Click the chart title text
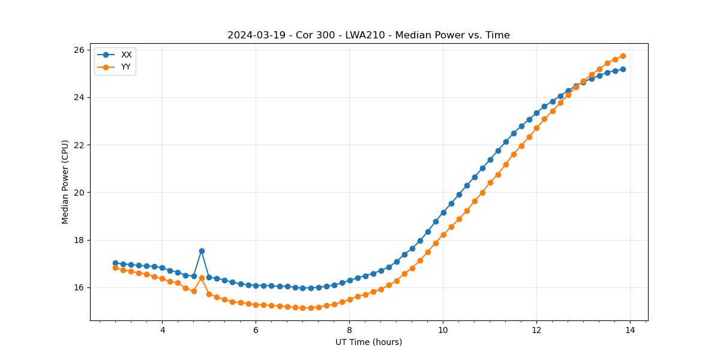tap(368, 35)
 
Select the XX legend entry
tap(126, 55)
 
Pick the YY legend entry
tap(126, 67)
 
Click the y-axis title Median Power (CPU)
tap(65, 182)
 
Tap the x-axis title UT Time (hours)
tap(368, 342)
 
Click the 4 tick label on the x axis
tap(162, 330)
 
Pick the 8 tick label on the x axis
tap(349, 330)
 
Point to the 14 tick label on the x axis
tap(630, 330)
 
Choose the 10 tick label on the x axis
tap(443, 330)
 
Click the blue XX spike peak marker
tap(202, 251)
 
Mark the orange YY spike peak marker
tap(202, 278)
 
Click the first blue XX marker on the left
tap(115, 263)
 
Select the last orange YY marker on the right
tap(623, 56)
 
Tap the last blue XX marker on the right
tap(623, 69)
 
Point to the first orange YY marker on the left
tap(115, 268)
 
